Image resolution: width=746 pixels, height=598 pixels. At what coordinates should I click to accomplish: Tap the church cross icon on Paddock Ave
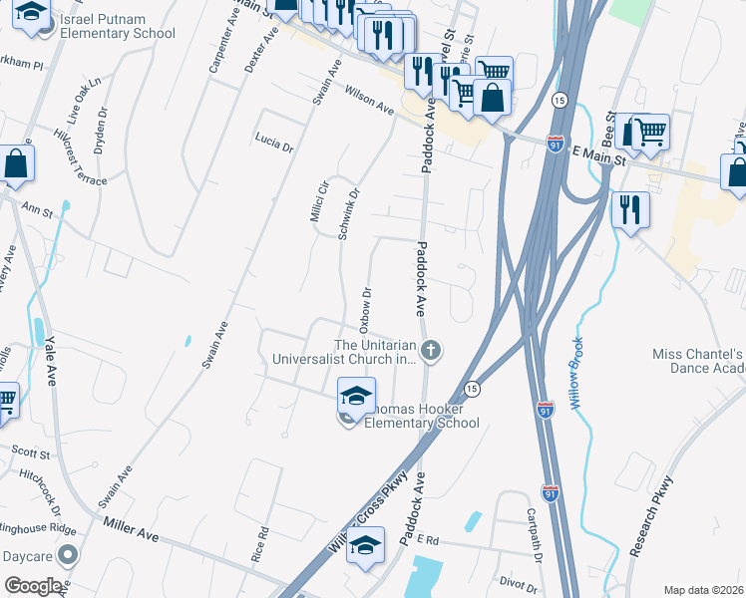pyautogui.click(x=431, y=349)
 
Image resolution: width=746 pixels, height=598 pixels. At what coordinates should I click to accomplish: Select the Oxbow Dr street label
pyautogui.click(x=366, y=309)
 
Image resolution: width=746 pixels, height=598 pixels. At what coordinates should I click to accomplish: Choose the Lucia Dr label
pyautogui.click(x=274, y=142)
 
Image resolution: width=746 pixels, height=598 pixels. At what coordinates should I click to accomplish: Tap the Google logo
pyautogui.click(x=34, y=586)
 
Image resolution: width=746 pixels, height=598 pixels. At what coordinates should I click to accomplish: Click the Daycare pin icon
pyautogui.click(x=67, y=554)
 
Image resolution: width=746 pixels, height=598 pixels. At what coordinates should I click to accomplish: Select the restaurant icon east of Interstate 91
pyautogui.click(x=630, y=210)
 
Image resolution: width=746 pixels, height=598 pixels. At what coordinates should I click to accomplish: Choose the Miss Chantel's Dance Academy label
pyautogui.click(x=699, y=361)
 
